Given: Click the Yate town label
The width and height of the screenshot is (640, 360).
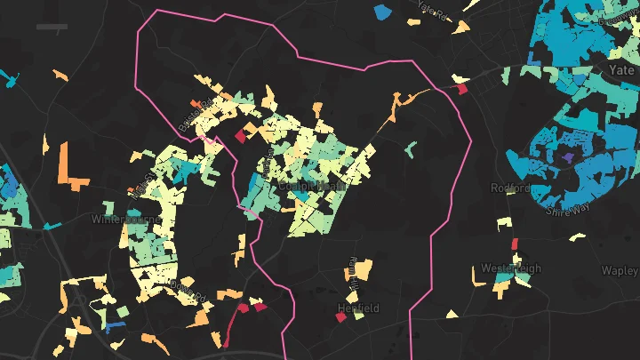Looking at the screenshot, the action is pyautogui.click(x=621, y=68).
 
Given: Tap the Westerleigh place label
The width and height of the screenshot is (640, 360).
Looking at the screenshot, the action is pyautogui.click(x=511, y=268).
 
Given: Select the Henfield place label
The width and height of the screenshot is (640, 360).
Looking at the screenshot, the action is pyautogui.click(x=358, y=308).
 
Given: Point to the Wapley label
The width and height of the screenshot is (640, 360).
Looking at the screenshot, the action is pyautogui.click(x=620, y=270).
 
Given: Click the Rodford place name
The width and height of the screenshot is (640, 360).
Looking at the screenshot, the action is pyautogui.click(x=510, y=188).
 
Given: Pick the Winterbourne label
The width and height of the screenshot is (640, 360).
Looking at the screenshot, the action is pyautogui.click(x=124, y=219).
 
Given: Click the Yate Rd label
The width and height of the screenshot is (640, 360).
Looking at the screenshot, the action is pyautogui.click(x=430, y=10).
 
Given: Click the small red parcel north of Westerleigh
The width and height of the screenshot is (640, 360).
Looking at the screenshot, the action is pyautogui.click(x=515, y=244).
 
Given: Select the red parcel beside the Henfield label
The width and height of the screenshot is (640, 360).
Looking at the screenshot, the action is pyautogui.click(x=340, y=316).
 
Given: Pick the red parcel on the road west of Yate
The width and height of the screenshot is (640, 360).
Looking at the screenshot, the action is pyautogui.click(x=461, y=89).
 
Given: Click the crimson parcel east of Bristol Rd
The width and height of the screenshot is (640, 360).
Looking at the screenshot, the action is pyautogui.click(x=240, y=136).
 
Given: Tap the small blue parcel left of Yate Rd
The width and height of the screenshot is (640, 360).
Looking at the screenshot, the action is pyautogui.click(x=382, y=12).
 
